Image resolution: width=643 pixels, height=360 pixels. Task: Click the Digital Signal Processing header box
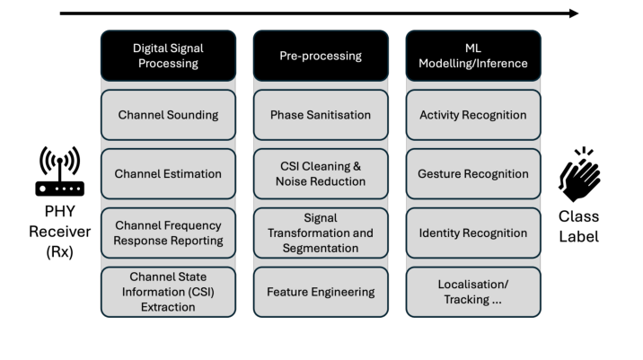click(168, 56)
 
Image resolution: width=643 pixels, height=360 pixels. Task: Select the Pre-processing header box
click(321, 56)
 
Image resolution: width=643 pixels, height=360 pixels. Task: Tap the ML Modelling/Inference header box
click(473, 56)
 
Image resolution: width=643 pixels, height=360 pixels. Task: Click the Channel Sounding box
click(168, 115)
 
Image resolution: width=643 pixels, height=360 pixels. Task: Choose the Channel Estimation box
click(168, 174)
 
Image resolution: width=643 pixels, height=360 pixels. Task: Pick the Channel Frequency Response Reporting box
click(168, 233)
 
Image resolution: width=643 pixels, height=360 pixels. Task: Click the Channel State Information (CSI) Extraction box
click(168, 292)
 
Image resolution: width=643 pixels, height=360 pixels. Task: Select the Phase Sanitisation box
click(321, 115)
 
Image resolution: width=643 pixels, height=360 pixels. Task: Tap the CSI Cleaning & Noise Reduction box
click(321, 174)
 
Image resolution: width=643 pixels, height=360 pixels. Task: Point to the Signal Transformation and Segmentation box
click(321, 233)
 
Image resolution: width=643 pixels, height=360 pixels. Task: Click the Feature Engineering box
click(321, 292)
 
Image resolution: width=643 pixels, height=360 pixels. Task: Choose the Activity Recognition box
click(473, 115)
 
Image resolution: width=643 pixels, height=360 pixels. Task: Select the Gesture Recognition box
click(473, 174)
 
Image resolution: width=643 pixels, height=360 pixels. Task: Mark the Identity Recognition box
click(473, 233)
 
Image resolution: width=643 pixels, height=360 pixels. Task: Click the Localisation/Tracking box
click(473, 292)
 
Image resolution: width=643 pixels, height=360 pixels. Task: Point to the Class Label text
click(579, 226)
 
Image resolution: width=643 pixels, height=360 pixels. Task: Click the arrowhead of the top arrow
click(574, 13)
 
